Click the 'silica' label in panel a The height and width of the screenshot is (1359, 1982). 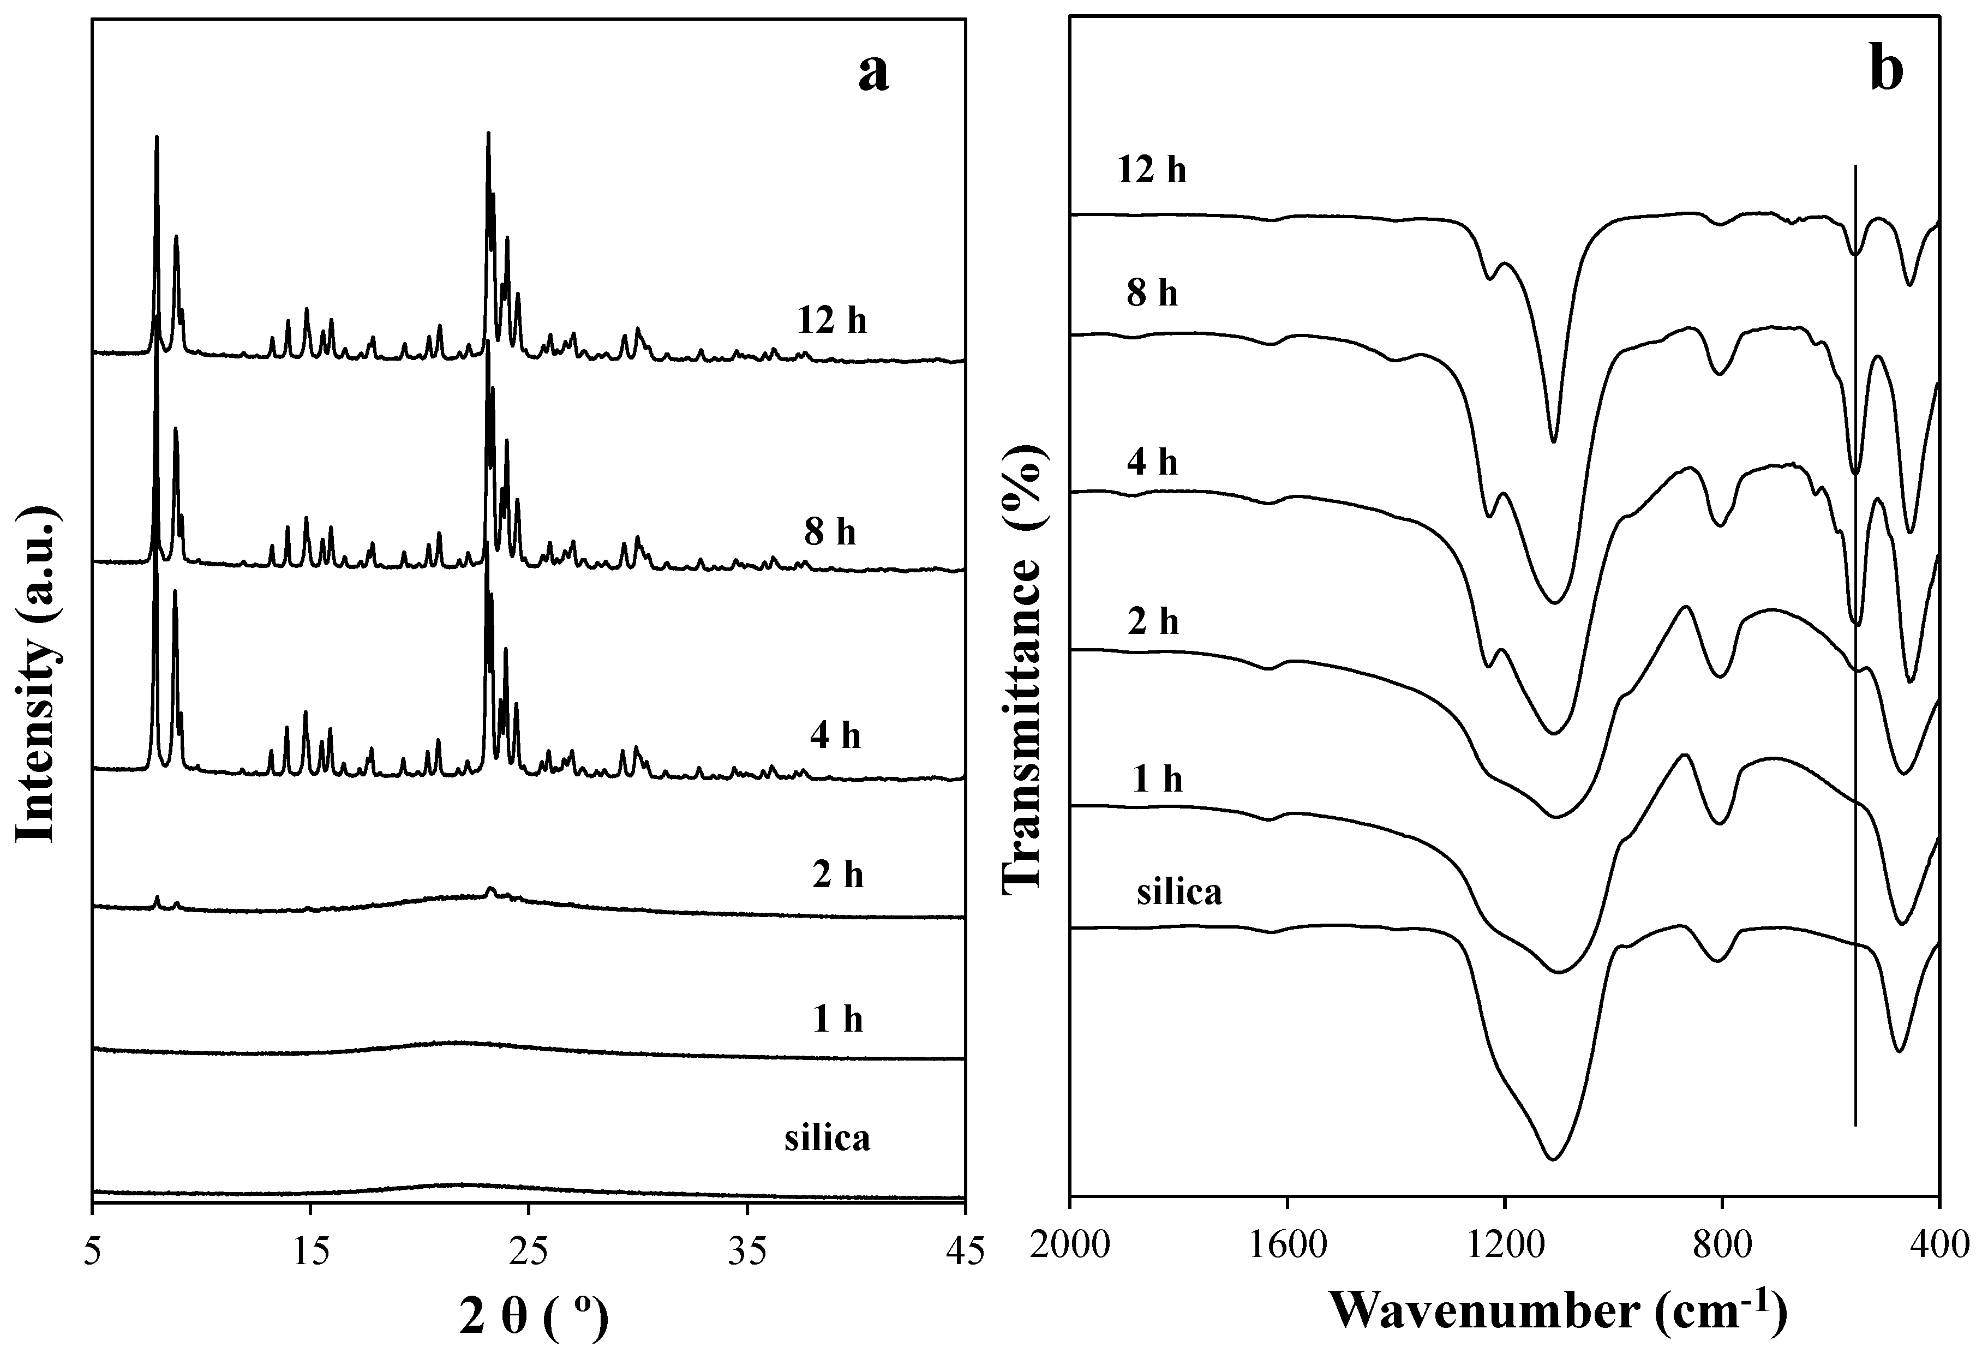pos(827,1139)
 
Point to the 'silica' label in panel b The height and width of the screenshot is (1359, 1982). pos(1179,893)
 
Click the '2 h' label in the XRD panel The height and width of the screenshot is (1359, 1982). pos(837,875)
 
